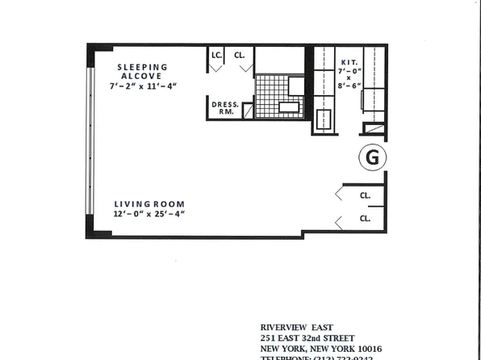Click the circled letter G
(372, 157)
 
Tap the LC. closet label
(216, 55)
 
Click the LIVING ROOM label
(149, 203)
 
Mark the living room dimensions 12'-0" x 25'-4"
(149, 214)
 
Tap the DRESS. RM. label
(224, 108)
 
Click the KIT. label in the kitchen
(349, 61)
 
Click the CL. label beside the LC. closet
(240, 55)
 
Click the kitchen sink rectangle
(324, 120)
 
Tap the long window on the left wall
(89, 142)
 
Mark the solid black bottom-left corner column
(98, 232)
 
